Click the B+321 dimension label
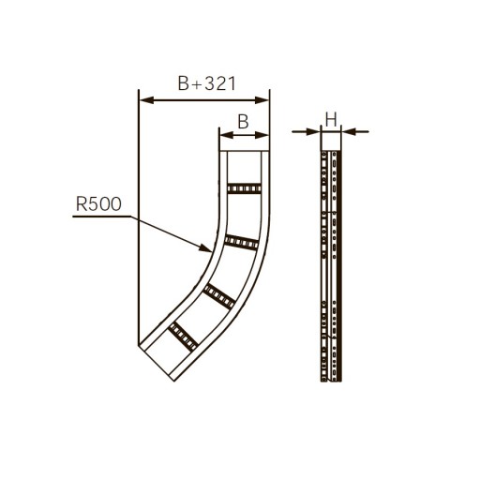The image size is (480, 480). coord(206,83)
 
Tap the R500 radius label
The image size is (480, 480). coord(98,203)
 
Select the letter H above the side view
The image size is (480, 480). coord(331,120)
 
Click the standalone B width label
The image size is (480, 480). coord(243,122)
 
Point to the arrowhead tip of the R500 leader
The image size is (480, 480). coord(212,251)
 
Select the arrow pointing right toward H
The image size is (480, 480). coord(307,132)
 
